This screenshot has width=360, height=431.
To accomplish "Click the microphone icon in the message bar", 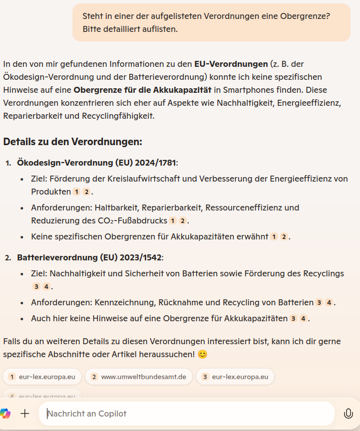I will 348,414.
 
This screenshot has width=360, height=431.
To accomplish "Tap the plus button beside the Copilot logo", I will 25,414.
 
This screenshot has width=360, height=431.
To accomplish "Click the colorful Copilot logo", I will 5,414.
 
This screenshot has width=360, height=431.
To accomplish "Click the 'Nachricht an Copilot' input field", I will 185,414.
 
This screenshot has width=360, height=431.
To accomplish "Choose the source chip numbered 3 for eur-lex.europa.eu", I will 235,377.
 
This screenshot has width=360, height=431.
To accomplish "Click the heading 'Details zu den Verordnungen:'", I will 73,142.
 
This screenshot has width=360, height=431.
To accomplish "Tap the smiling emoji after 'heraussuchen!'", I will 202,355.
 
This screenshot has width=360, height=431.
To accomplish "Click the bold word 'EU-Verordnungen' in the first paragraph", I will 231,64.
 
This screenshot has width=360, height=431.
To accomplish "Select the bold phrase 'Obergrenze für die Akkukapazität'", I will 142,90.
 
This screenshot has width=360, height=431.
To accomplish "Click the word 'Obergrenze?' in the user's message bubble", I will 306,16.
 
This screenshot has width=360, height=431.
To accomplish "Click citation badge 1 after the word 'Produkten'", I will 76,192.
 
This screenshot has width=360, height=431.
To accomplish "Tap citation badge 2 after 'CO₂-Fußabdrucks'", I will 183,221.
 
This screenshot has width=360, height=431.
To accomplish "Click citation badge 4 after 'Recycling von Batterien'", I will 329,303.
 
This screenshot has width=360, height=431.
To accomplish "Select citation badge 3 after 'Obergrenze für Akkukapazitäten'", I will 294,319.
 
